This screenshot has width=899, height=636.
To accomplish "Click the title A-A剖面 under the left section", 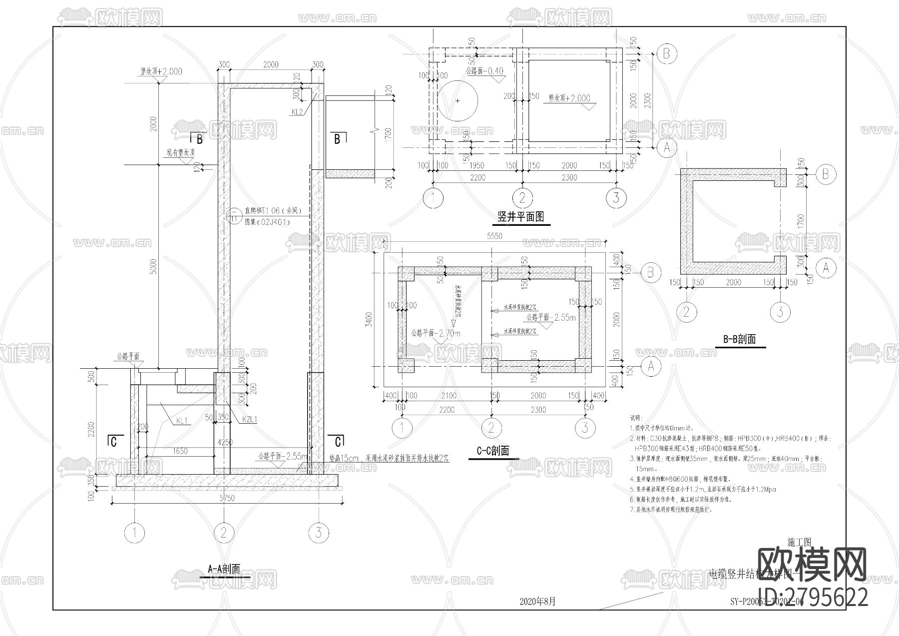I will coord(224,569).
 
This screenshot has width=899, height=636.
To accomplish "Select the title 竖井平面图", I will coord(520,217).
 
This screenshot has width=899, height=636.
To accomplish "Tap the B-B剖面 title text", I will coord(739,339).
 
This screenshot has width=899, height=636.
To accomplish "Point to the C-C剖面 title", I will coord(492,451).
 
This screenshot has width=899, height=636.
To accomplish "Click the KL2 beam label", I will coord(297,112).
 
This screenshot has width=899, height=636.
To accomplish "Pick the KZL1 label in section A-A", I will coord(249,420).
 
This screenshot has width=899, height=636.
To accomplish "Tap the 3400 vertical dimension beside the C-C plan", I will coord(369,320).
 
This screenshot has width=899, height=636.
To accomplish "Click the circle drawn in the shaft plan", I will coord(457,101).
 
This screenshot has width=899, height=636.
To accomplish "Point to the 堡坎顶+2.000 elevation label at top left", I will coord(161,71).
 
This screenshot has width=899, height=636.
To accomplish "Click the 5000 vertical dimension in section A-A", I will coord(153,266).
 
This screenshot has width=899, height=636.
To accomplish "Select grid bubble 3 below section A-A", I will coord(319,533).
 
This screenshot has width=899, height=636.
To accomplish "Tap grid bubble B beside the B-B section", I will coord(825,174).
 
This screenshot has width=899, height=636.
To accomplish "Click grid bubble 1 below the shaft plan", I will coord(433,198).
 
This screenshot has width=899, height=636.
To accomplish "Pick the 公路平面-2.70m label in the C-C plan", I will coord(436,333).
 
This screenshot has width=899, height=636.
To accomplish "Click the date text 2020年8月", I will coord(537,602).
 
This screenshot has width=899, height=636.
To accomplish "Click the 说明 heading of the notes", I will coord(636,418).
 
